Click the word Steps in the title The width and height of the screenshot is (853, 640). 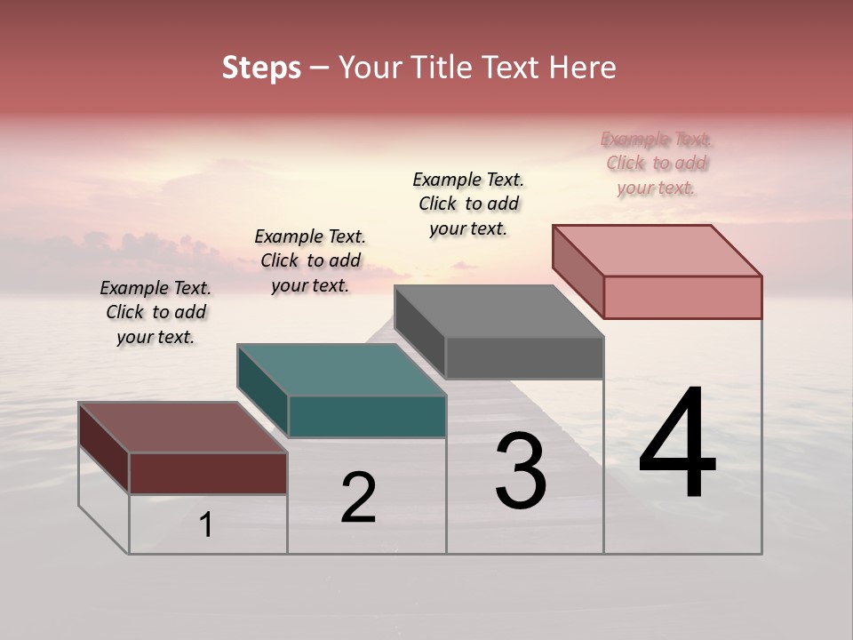pos(261,68)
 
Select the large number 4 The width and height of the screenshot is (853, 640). pos(677,444)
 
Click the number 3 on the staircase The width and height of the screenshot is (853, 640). pos(521,471)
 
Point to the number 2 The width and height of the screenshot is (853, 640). pos(359,498)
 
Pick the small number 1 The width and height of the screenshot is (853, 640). pos(206,525)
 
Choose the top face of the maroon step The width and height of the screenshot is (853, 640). pos(183,428)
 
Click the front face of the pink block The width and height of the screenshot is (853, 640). pos(682,297)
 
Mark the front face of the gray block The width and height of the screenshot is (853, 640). pos(524,357)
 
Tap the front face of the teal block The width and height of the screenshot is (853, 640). pos(367,416)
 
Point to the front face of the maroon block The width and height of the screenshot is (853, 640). pos(208,473)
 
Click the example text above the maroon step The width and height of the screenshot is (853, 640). pos(155,312)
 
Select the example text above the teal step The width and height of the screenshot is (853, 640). pos(310,260)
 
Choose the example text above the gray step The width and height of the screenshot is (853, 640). pos(468,204)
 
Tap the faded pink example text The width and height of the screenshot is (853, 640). pos(656,163)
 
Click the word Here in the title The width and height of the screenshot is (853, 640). pos(584,68)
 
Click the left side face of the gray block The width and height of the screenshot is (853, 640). pos(419,331)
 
